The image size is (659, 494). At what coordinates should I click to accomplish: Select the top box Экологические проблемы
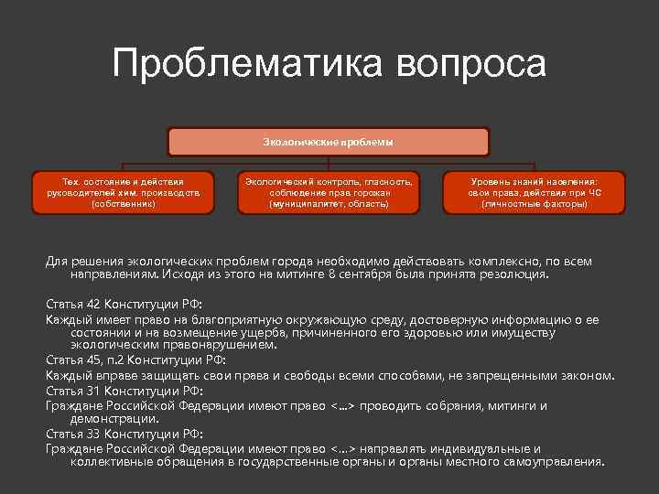[329, 142]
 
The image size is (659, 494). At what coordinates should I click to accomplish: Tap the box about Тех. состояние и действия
[123, 192]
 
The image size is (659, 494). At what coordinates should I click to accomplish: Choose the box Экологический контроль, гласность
[329, 192]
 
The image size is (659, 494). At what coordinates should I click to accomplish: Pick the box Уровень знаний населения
[535, 192]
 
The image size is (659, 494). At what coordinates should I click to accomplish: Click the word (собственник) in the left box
[123, 204]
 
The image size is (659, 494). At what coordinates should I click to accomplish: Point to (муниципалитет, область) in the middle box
[329, 204]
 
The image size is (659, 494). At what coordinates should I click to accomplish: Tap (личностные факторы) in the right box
[535, 204]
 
